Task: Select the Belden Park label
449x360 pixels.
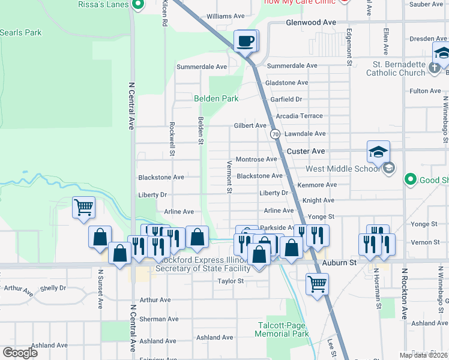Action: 216,98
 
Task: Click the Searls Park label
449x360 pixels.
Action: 21,32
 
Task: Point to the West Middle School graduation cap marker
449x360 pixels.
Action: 379,152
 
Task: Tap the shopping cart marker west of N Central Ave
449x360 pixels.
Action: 83,208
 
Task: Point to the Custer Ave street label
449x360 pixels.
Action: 306,151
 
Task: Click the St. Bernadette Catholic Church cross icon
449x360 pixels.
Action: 435,68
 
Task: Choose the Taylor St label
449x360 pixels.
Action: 231,281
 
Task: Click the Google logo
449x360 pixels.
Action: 20,353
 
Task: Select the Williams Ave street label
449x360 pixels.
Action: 226,16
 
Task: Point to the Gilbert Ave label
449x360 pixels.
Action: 250,125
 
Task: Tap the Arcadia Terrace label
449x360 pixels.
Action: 299,116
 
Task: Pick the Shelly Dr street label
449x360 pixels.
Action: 53,288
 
